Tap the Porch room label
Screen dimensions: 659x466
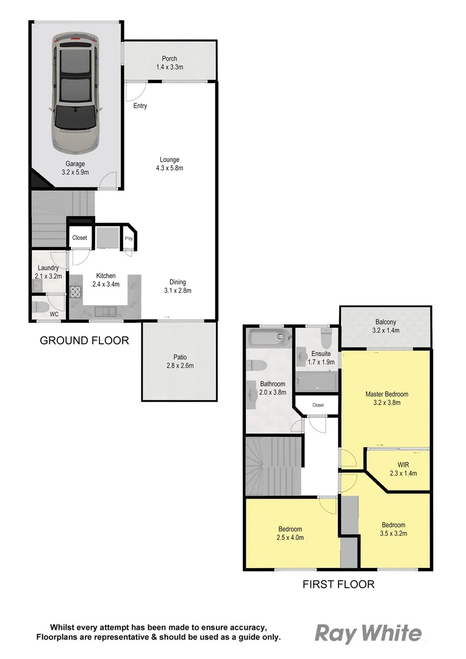pos(169,63)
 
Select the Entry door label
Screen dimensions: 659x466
pos(140,106)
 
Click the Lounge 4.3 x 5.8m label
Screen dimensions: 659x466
pos(169,164)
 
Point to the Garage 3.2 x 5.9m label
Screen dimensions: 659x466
pos(76,168)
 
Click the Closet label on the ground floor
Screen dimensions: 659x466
pos(80,238)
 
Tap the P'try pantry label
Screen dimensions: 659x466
pos(129,239)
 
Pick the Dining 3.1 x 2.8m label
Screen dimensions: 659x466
pos(178,286)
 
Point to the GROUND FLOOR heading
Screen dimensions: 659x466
pos(84,340)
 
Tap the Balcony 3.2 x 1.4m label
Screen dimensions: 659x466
pos(385,326)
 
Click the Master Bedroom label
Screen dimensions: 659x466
pos(387,398)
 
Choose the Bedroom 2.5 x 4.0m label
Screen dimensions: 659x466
pos(291,533)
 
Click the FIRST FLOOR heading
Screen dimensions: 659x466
pos(339,585)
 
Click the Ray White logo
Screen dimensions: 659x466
pos(368,634)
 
